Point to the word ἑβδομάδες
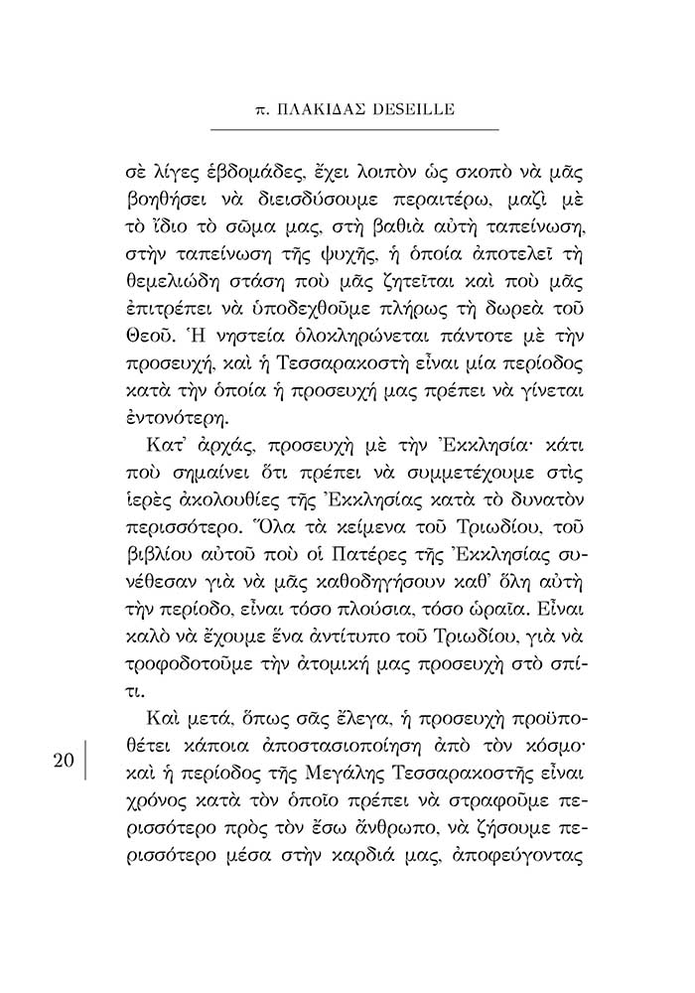pyautogui.click(x=262, y=165)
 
